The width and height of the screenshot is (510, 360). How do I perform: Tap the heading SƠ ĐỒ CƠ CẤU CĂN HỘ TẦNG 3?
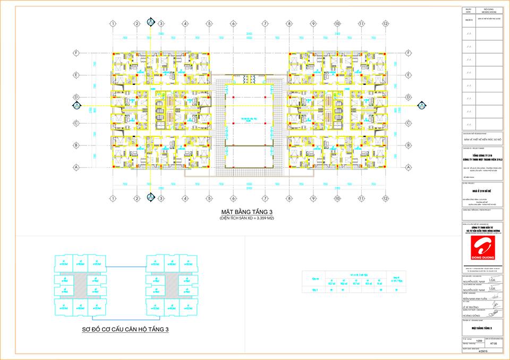point(125,330)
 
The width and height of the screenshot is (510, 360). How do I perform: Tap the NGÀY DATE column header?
point(468,10)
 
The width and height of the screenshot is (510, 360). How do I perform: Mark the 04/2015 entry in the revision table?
point(468,19)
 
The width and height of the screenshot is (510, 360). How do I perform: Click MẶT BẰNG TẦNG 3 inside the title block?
point(482,329)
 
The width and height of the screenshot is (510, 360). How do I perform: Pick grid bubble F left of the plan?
point(76,53)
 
